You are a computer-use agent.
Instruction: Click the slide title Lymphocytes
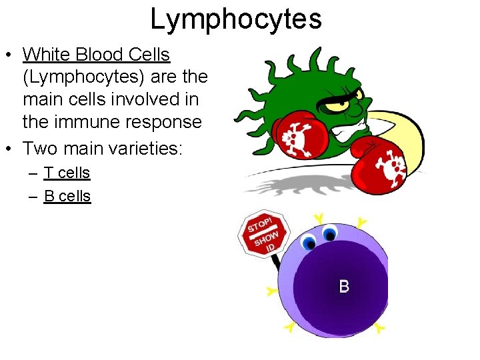236,19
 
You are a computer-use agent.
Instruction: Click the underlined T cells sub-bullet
67,173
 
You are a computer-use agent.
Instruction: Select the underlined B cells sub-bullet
67,197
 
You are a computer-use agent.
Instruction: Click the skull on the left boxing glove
294,138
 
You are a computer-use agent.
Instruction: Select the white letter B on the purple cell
344,287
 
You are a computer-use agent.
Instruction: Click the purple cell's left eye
308,242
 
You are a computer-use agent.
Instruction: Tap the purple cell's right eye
329,234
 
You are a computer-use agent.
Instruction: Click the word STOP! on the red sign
259,223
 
